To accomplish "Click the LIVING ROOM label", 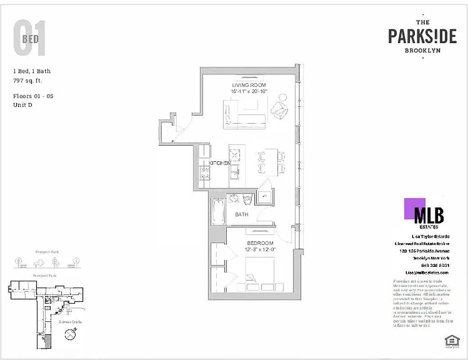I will [249, 85].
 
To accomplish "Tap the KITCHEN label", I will [220, 163].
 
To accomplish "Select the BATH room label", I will [242, 215].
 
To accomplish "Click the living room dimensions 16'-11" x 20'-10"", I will [249, 91].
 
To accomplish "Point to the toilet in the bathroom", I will [247, 200].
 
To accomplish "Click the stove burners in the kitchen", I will [205, 170].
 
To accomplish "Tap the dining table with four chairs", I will [271, 162].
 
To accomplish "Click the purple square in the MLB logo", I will [414, 208].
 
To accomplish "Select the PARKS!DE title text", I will [422, 36].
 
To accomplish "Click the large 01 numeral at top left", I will [30, 39].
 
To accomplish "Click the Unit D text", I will [23, 105].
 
